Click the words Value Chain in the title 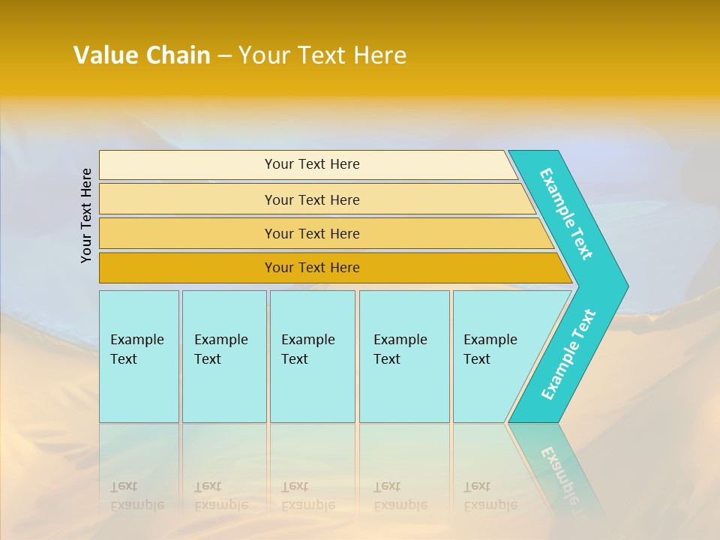(142, 55)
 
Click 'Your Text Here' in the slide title (322, 55)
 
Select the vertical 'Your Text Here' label (86, 215)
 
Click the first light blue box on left (139, 356)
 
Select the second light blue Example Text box (224, 356)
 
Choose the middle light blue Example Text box (312, 356)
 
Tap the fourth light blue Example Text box (404, 356)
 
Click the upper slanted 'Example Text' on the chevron (566, 214)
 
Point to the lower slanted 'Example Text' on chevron (568, 354)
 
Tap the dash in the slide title (224, 56)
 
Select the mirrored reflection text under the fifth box (490, 496)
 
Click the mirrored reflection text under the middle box (307, 496)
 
